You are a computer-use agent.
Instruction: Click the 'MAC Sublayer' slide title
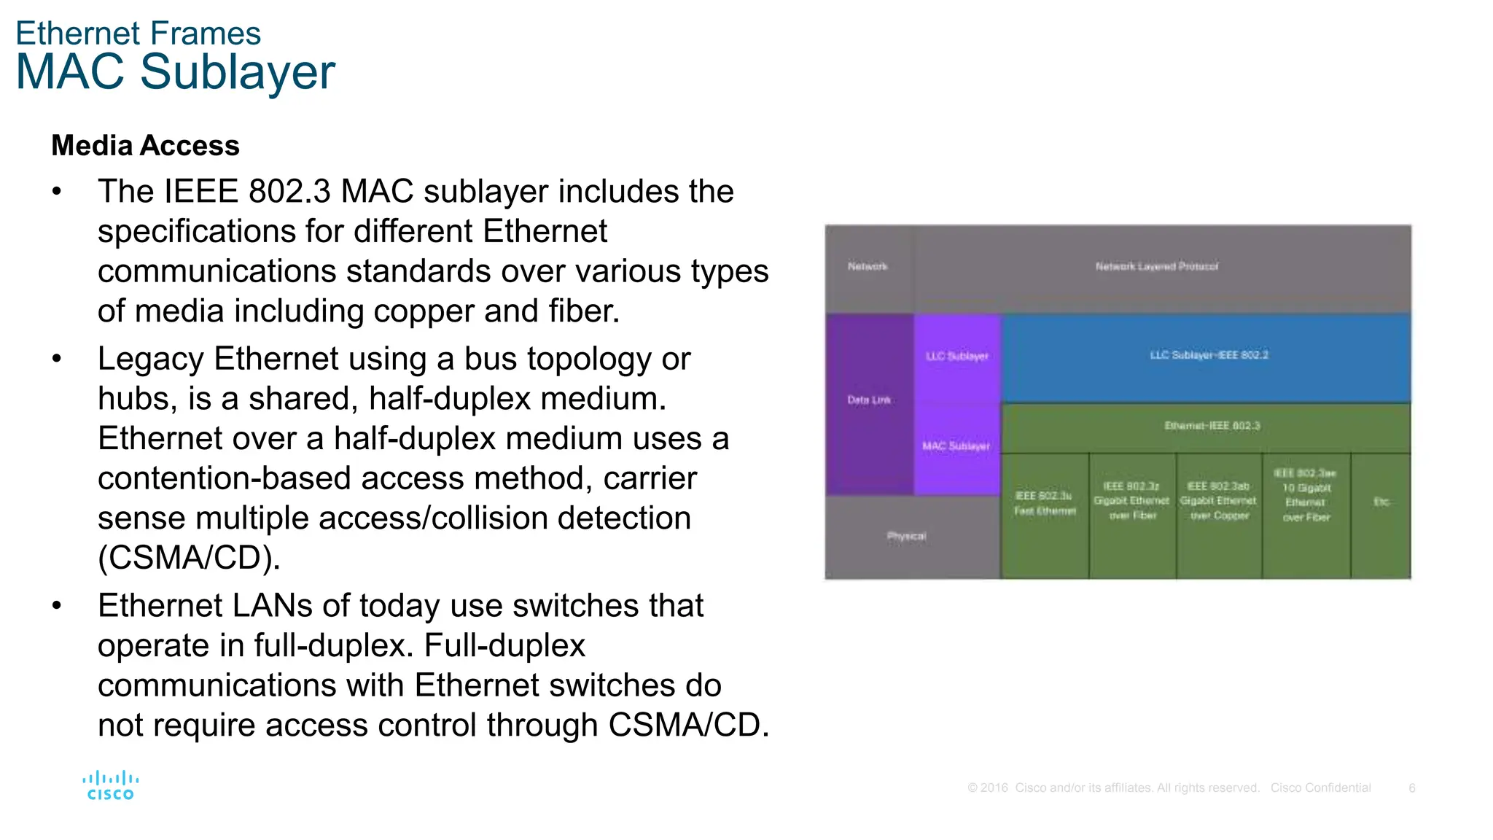click(175, 72)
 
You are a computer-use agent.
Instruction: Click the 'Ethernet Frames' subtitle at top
click(138, 34)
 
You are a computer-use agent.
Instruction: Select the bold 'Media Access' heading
click(145, 146)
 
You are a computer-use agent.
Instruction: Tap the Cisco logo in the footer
click(111, 786)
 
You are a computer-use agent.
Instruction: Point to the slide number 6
click(1411, 787)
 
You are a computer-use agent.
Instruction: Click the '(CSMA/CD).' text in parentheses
click(189, 558)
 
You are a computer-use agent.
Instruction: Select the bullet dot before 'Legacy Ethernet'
click(57, 359)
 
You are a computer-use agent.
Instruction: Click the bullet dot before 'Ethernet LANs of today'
click(57, 606)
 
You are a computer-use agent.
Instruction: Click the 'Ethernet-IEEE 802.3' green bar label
click(1212, 426)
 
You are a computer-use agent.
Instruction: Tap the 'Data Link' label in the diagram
click(868, 400)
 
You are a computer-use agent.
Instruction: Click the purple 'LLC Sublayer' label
click(956, 356)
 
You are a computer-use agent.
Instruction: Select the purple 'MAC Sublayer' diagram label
click(956, 446)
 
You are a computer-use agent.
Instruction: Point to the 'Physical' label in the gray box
click(906, 536)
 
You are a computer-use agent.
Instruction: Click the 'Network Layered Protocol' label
click(1156, 266)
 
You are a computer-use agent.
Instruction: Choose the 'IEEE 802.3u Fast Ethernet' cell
click(1044, 503)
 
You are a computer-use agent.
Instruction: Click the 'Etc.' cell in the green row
click(1381, 502)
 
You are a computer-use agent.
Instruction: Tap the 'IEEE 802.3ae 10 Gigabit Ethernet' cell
click(1306, 495)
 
